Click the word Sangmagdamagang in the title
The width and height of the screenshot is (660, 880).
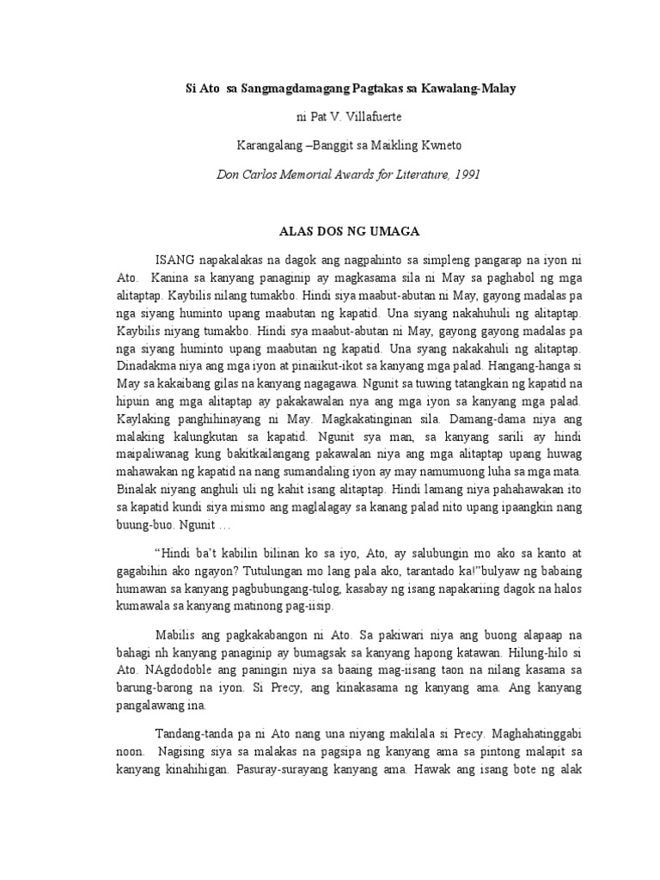[284, 89]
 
